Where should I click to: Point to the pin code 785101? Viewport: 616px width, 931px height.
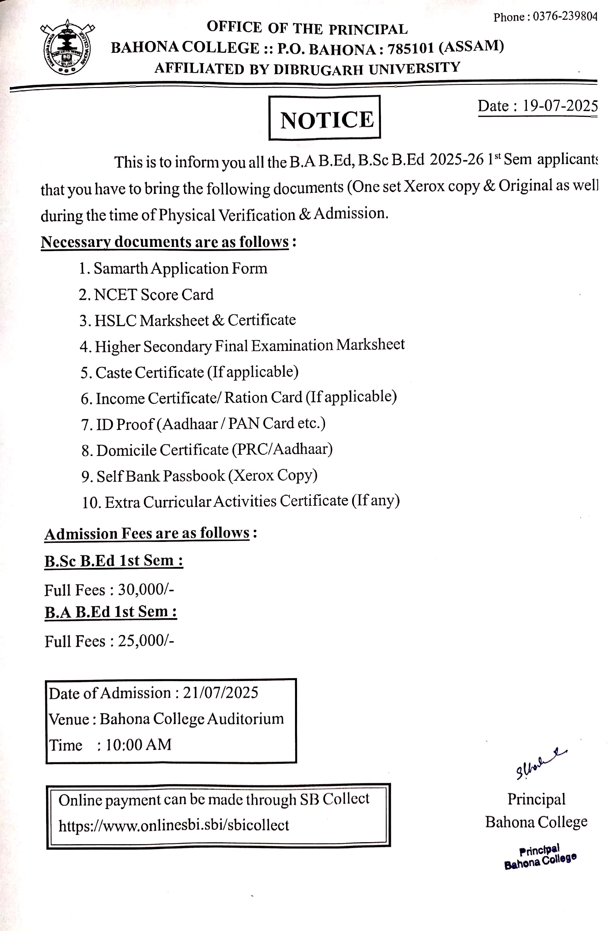coord(411,49)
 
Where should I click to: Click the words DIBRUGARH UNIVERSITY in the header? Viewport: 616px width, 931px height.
coord(367,68)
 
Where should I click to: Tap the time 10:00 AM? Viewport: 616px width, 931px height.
coord(138,745)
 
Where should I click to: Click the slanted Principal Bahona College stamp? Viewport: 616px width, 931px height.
coord(540,857)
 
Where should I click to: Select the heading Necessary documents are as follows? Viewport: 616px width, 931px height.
coord(165,242)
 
